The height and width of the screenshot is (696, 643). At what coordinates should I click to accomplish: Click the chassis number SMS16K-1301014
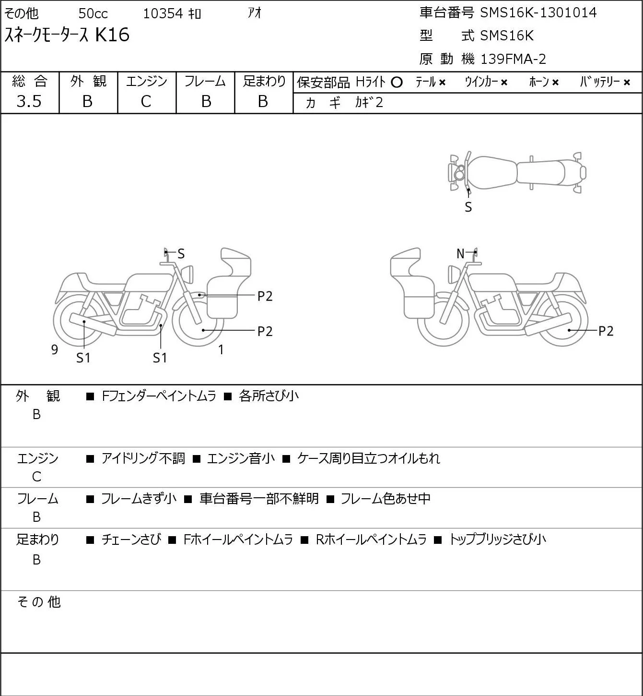tap(538, 13)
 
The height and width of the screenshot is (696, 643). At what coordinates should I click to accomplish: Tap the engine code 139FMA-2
tap(513, 59)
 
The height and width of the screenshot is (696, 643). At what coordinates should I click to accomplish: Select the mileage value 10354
tap(163, 13)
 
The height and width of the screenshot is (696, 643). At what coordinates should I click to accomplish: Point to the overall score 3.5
tap(29, 101)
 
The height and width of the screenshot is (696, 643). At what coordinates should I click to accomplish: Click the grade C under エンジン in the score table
tap(146, 102)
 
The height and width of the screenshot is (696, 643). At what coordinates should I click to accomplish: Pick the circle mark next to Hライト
tap(397, 83)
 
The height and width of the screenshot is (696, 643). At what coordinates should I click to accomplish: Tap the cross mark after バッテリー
tap(627, 83)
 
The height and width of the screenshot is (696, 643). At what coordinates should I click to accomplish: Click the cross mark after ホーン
tap(555, 83)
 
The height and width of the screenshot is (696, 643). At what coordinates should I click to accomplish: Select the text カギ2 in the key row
tap(369, 103)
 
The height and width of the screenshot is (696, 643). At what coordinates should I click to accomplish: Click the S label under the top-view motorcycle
tap(468, 207)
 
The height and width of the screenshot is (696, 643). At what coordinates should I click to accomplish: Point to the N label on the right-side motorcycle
tap(460, 253)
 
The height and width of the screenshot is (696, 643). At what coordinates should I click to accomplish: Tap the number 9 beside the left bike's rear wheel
tap(55, 349)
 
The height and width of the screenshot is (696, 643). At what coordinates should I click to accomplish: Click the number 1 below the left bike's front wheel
tap(221, 349)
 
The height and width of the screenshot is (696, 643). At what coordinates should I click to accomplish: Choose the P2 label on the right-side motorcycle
tap(606, 331)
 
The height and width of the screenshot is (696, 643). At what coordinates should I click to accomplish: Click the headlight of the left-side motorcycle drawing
tap(187, 274)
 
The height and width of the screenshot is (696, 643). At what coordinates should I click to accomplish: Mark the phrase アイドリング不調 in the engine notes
tap(143, 458)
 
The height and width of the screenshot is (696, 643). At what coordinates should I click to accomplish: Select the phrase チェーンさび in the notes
tap(131, 540)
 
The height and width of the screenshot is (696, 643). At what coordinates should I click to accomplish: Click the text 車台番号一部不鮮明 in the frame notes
tap(259, 499)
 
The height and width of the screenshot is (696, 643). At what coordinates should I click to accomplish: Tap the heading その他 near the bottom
tap(39, 602)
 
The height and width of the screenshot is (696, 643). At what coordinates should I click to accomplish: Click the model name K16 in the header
tap(112, 35)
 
